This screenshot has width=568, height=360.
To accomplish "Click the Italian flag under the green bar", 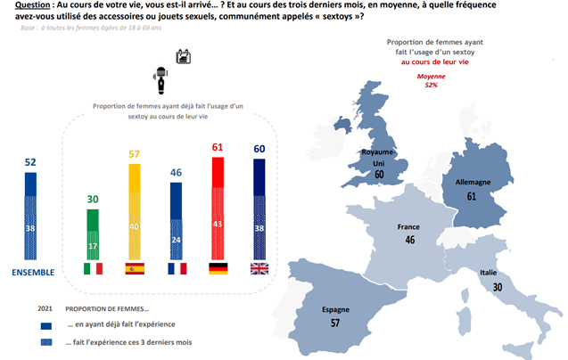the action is coord(93,269).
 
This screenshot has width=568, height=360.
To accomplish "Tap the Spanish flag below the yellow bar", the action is coord(135,269).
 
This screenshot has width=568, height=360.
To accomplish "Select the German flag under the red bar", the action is coord(218,269).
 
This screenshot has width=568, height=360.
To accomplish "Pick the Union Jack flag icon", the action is coord(259,269).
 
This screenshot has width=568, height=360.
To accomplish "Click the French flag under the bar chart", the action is coord(177,269).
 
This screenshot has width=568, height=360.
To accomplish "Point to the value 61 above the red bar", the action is coord(218,147).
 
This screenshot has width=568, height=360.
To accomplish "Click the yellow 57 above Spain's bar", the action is coord(134,154).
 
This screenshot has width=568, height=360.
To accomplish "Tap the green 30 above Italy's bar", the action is coord(93,200).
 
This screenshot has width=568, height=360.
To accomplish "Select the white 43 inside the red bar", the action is coord(218,225).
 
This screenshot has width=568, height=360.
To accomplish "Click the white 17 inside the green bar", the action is coord(93,246).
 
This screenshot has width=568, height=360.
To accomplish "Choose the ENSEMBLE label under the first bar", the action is coord(33,273).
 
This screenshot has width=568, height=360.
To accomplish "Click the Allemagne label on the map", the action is coord(473,182).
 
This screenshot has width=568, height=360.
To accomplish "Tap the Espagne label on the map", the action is coord(336,310).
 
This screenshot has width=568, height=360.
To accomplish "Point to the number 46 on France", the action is coord(410,240).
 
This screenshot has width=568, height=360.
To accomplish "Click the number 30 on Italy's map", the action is coord(498,287).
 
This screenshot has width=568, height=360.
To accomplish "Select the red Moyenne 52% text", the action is coord(431,80).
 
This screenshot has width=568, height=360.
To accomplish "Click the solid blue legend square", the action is coord(46,326).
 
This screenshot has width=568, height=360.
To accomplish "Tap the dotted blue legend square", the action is coord(46,342).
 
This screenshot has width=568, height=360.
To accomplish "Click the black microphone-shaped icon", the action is coord(161,80).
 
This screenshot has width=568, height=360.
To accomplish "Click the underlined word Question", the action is coord(32,5).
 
